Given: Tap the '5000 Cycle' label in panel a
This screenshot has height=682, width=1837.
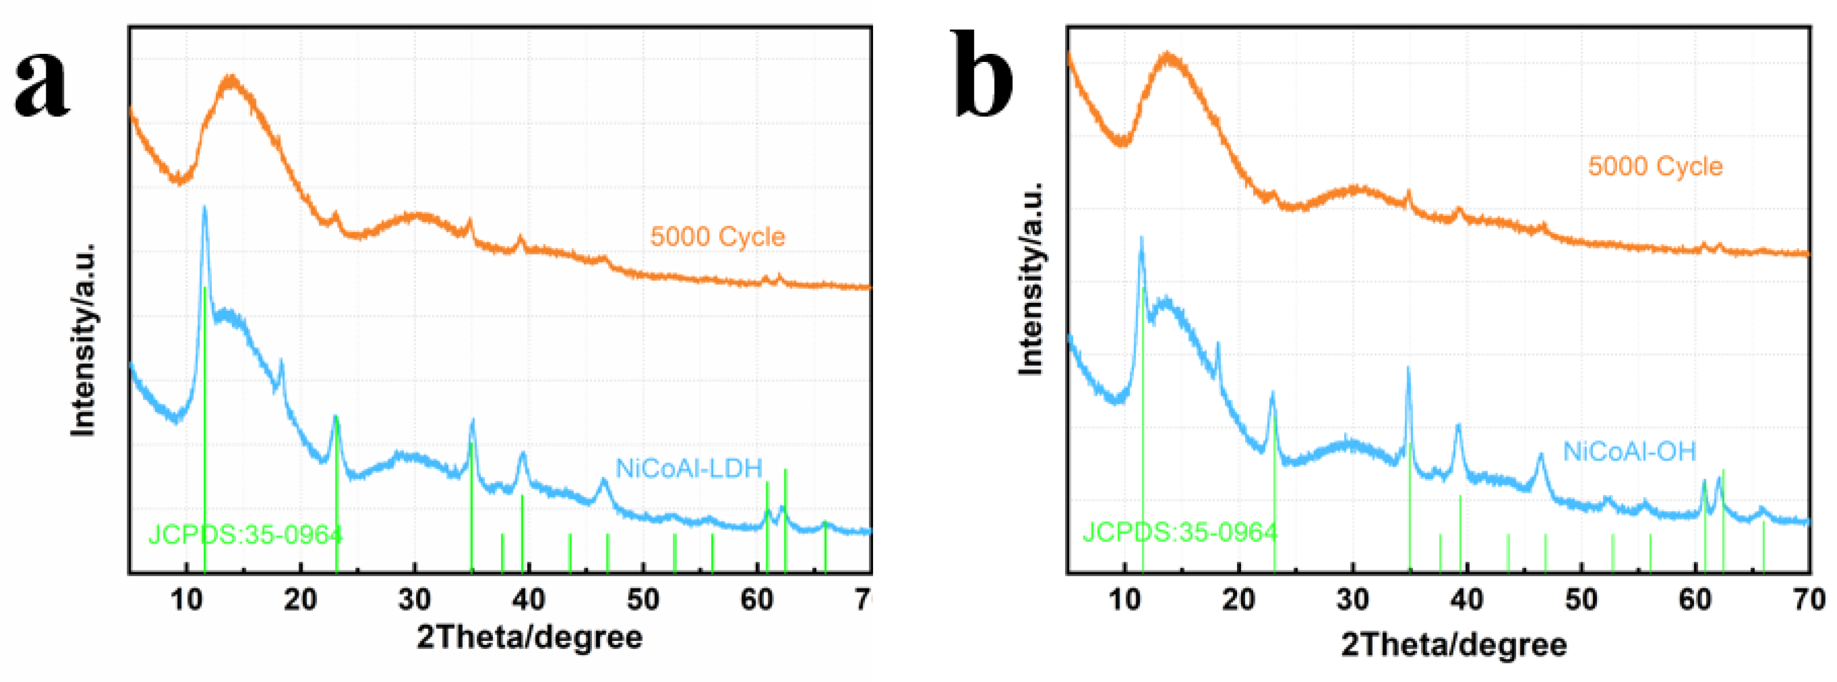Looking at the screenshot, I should [717, 236].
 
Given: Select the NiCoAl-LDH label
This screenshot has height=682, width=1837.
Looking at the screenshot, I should [689, 468].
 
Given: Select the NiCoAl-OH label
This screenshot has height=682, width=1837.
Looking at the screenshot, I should [1629, 451].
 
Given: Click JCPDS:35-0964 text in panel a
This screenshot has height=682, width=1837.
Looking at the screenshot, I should [245, 534].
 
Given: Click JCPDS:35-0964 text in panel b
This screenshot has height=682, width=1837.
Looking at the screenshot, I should [1180, 532].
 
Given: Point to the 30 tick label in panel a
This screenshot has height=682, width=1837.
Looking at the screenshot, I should [414, 600].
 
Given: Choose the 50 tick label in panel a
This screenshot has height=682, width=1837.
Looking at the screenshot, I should [643, 600].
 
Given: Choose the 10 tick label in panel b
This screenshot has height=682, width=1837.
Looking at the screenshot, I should [1125, 600].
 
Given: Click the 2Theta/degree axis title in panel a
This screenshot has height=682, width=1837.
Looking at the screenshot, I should [529, 636].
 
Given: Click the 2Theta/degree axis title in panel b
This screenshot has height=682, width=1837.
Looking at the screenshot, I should [1454, 644].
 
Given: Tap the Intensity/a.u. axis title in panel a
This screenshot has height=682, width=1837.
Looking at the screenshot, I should [83, 339].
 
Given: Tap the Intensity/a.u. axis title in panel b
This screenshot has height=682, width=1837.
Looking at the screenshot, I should [1030, 278].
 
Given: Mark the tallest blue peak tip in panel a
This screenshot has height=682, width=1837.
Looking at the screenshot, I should [205, 208].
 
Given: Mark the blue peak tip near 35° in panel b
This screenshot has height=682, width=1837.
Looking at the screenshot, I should [1408, 368].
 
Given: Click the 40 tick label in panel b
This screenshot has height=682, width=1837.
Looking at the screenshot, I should [1467, 600].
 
